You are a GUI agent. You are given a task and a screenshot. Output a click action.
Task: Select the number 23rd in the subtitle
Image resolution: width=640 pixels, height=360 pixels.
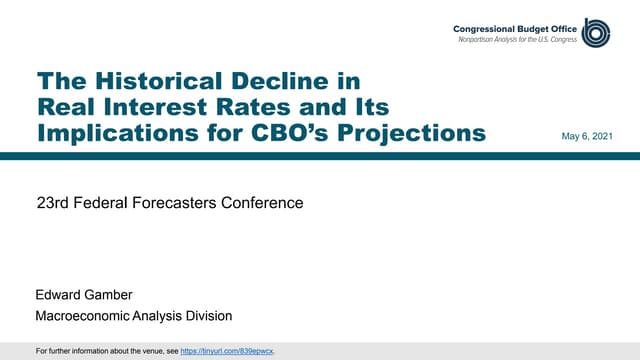tap(51, 204)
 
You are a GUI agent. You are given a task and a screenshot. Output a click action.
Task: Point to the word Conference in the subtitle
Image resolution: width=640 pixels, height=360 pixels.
tap(260, 204)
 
